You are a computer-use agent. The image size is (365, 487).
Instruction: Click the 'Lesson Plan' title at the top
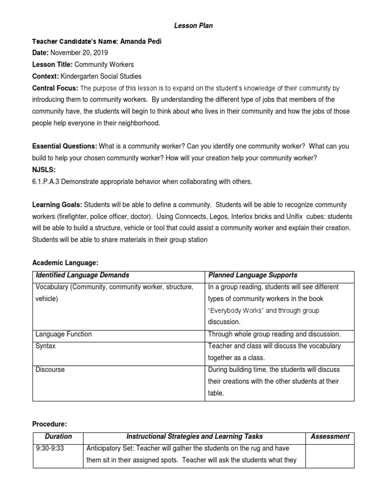[x=193, y=26]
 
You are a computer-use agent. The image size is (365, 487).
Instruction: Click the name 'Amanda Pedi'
[x=141, y=41]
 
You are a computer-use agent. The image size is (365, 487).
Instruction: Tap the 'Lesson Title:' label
[x=52, y=64]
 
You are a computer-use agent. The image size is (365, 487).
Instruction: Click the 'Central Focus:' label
[x=55, y=88]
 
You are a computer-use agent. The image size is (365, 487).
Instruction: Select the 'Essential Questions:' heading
[x=65, y=146]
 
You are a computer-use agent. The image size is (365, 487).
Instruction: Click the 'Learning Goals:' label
[x=57, y=205]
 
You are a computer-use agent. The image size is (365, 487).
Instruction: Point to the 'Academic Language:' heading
[x=65, y=263]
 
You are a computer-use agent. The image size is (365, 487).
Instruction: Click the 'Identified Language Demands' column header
[x=82, y=275]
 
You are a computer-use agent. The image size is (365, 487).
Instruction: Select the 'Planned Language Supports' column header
[x=253, y=275]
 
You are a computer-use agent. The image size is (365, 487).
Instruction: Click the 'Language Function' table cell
[x=64, y=334]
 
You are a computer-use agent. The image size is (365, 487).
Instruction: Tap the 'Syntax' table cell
[x=46, y=346]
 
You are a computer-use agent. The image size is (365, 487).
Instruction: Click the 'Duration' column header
[x=58, y=436]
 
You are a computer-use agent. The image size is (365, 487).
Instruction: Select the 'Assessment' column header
[x=329, y=436]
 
